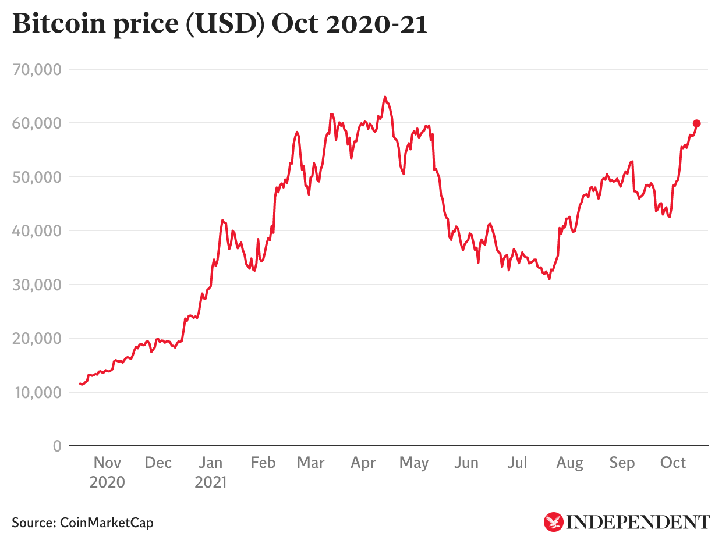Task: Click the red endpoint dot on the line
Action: (x=696, y=123)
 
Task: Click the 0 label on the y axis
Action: (x=56, y=446)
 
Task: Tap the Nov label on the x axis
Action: (x=107, y=463)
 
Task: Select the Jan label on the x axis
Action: (x=210, y=463)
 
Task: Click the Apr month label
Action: (x=363, y=463)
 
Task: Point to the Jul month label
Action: (x=517, y=463)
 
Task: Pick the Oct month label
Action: (x=673, y=463)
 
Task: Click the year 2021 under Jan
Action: (x=210, y=482)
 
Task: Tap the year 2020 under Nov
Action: (x=107, y=482)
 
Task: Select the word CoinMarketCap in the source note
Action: (x=107, y=523)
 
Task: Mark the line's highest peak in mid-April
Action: (x=385, y=97)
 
